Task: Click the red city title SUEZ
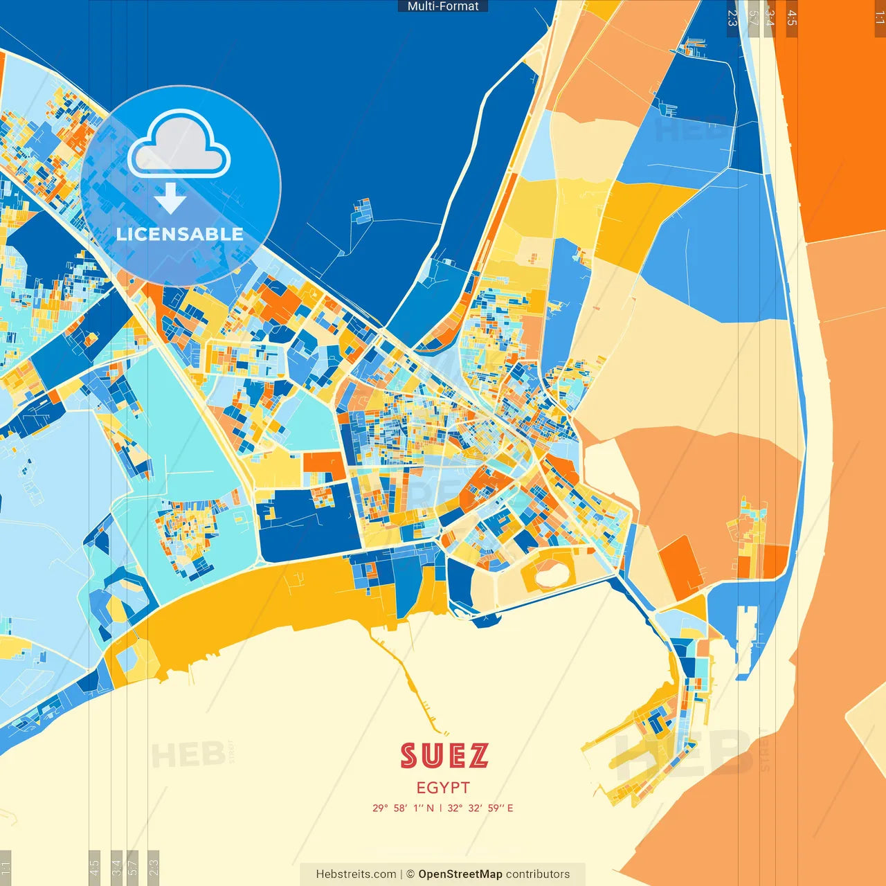coord(444,755)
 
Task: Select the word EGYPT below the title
coord(443,788)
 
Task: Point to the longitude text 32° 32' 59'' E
coord(480,808)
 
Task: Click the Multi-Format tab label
coord(443,6)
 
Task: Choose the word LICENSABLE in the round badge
coord(180,234)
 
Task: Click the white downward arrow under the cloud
coord(170,198)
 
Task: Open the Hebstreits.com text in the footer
coord(356,874)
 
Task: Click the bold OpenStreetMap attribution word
coord(460,874)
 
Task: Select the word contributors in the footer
coord(538,874)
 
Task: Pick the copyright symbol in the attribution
coord(410,874)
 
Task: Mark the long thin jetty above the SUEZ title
coord(408,682)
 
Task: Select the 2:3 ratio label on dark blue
coord(732,17)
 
